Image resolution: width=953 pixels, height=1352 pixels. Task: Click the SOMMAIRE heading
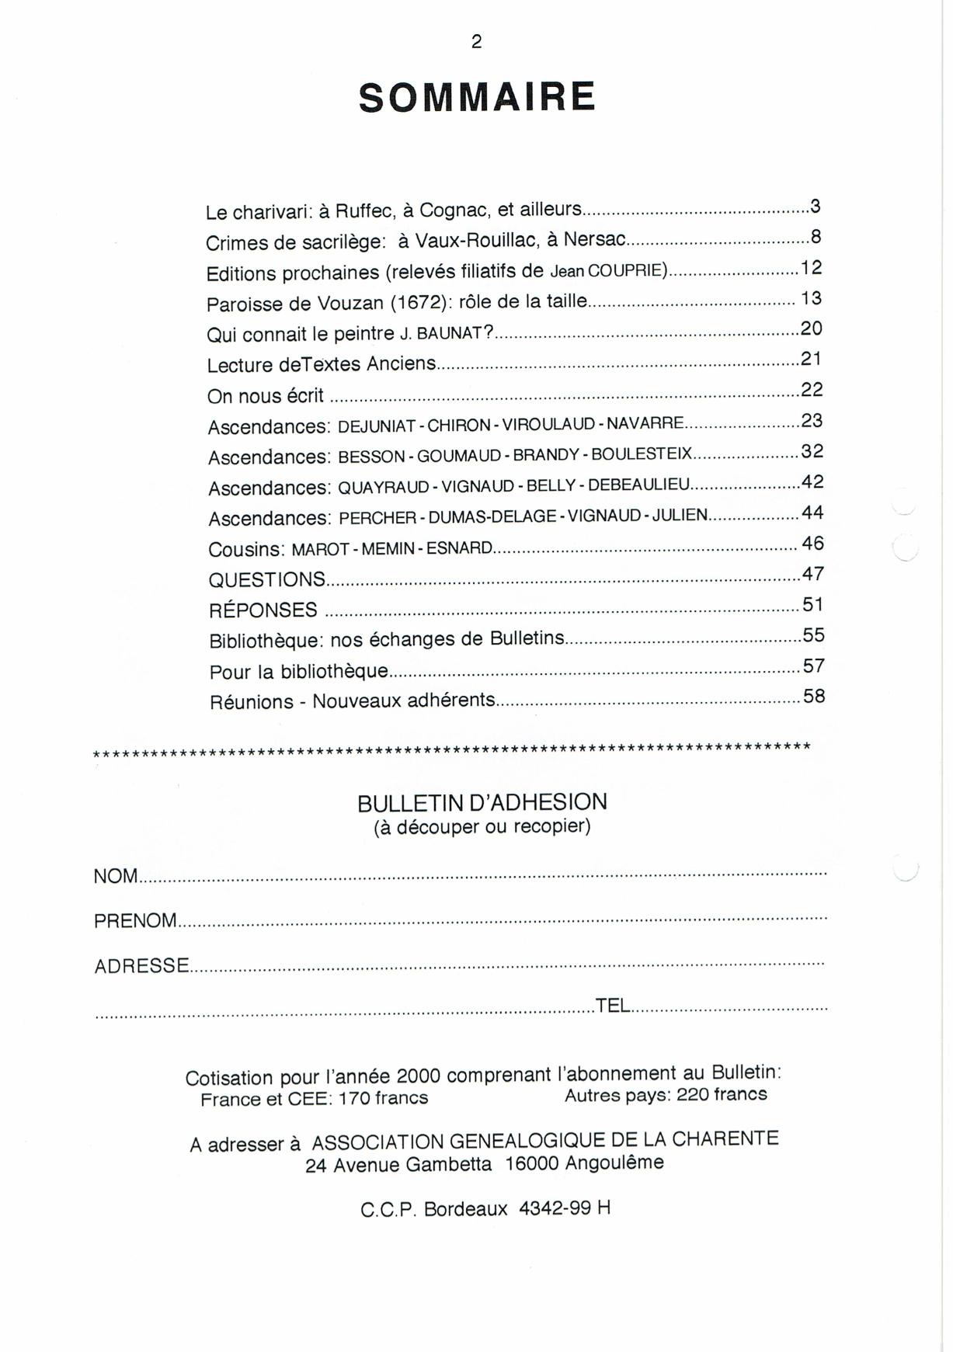click(x=477, y=98)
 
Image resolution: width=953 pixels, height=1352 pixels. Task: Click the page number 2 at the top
click(x=476, y=42)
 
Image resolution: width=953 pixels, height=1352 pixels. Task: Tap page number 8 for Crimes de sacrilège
click(x=816, y=237)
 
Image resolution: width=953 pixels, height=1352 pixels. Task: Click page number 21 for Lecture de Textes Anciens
click(x=811, y=359)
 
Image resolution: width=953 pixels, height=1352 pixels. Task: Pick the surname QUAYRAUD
click(x=384, y=488)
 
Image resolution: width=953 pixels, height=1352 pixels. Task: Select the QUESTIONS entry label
click(x=267, y=579)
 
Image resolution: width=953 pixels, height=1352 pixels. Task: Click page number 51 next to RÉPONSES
click(x=813, y=604)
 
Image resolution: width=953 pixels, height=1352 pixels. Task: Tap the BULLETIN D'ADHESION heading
click(x=482, y=802)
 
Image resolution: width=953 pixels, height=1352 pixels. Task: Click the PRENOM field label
click(x=136, y=921)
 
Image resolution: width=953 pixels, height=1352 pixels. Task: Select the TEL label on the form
click(x=612, y=1006)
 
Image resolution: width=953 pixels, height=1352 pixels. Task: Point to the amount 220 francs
click(x=722, y=1095)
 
